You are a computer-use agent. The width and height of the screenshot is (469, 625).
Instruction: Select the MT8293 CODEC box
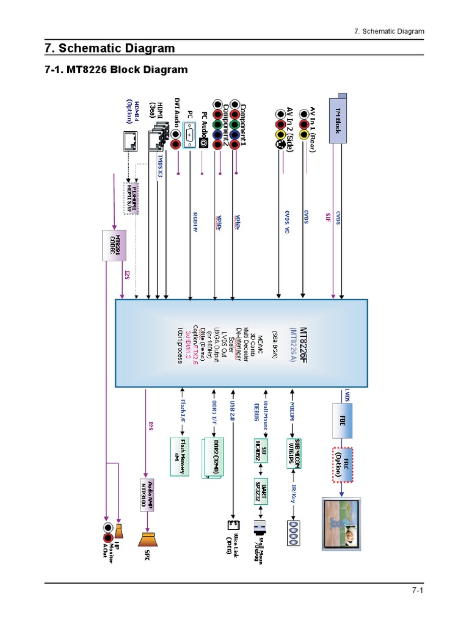tap(114, 240)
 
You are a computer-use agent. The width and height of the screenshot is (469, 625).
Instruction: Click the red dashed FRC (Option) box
tap(343, 465)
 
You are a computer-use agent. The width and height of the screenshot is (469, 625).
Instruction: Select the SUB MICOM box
tap(296, 453)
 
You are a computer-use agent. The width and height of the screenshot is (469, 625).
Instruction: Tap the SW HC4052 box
tap(262, 453)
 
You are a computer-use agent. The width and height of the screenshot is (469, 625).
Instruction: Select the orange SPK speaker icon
tap(148, 540)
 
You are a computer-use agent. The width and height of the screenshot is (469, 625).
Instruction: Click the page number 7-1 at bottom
tap(418, 591)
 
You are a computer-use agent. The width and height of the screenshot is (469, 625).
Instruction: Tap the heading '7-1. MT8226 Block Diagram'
tap(116, 70)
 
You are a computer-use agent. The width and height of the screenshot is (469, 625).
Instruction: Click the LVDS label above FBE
tap(347, 395)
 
